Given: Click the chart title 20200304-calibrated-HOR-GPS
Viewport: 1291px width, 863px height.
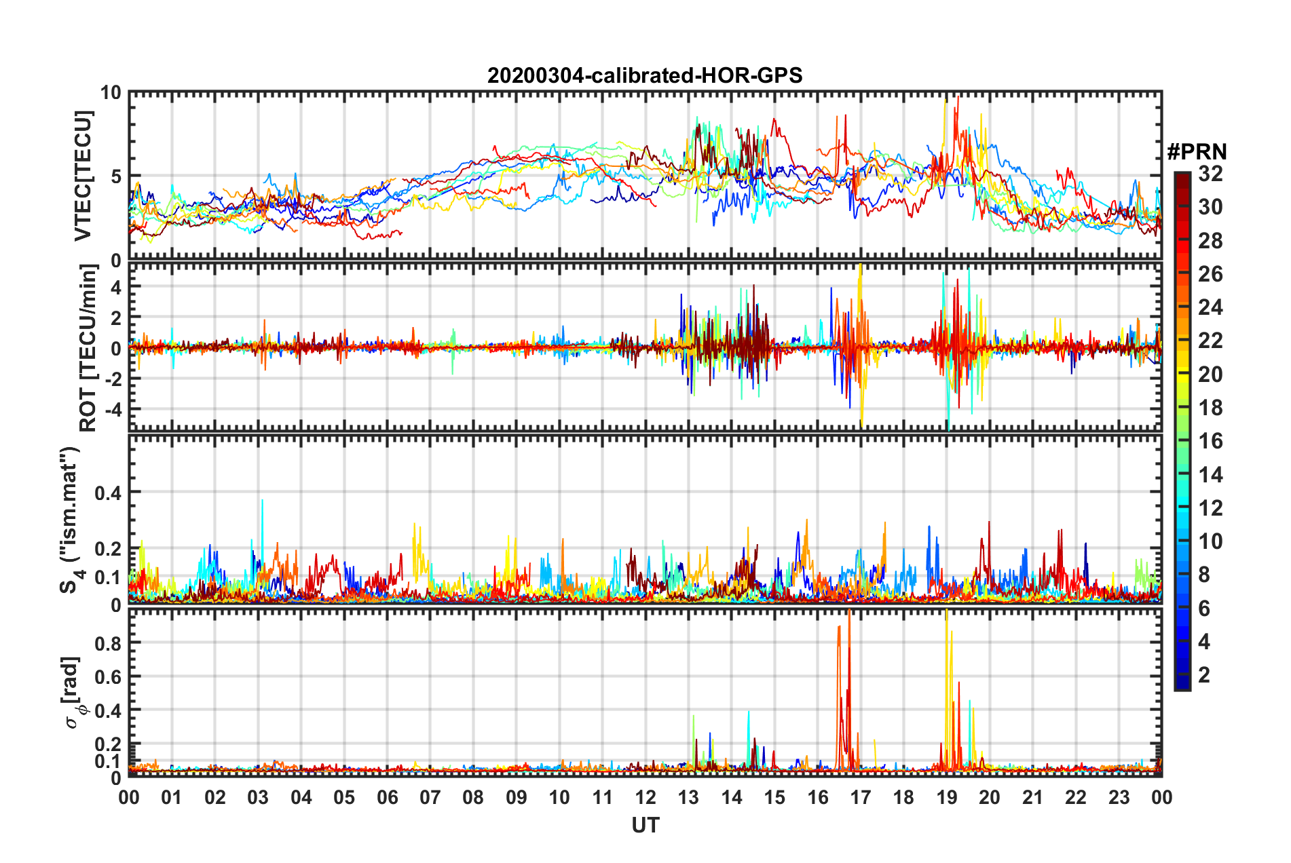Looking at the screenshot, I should [645, 75].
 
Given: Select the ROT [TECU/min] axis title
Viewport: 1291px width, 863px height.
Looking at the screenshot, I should [88, 347].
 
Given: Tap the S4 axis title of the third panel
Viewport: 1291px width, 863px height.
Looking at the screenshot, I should [71, 520].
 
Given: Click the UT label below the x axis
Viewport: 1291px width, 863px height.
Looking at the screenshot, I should [645, 826].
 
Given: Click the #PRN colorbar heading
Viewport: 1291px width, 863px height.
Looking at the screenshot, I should [1197, 152].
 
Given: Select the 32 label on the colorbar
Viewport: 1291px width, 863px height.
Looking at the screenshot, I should [1210, 174].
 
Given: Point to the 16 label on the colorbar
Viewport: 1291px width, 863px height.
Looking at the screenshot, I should [1210, 442].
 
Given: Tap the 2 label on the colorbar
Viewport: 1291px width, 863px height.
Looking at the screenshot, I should [1205, 675].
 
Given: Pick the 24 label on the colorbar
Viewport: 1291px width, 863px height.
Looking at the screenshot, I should [1210, 308].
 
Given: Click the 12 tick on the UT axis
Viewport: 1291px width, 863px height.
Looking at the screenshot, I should [645, 797].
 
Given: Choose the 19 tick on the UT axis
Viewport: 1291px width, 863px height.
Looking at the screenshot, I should [947, 797].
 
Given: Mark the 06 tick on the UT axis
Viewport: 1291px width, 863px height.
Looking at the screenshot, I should [387, 797].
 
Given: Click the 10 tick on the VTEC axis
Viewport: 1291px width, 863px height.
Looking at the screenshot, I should [111, 93].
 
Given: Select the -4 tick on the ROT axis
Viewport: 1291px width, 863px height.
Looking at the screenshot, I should [111, 410].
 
